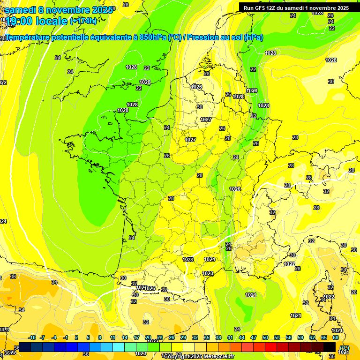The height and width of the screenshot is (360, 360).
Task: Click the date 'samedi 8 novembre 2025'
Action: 59,9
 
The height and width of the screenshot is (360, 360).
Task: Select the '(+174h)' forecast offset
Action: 83,21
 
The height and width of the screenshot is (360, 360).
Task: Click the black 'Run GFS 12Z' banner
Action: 296,7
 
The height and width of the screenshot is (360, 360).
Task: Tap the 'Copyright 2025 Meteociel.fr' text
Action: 199,357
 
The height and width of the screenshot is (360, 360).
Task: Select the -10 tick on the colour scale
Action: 32,337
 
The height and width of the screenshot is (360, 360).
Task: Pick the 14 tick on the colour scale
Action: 125,337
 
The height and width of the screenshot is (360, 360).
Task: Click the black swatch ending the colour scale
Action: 330,347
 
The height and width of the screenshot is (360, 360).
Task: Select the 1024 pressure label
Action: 210,259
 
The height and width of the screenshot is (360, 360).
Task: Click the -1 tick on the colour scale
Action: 66,337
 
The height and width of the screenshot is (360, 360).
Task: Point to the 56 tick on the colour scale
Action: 289,337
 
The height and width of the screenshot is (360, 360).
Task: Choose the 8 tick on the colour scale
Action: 100,337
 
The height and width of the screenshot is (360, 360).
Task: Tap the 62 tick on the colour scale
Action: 312,337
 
